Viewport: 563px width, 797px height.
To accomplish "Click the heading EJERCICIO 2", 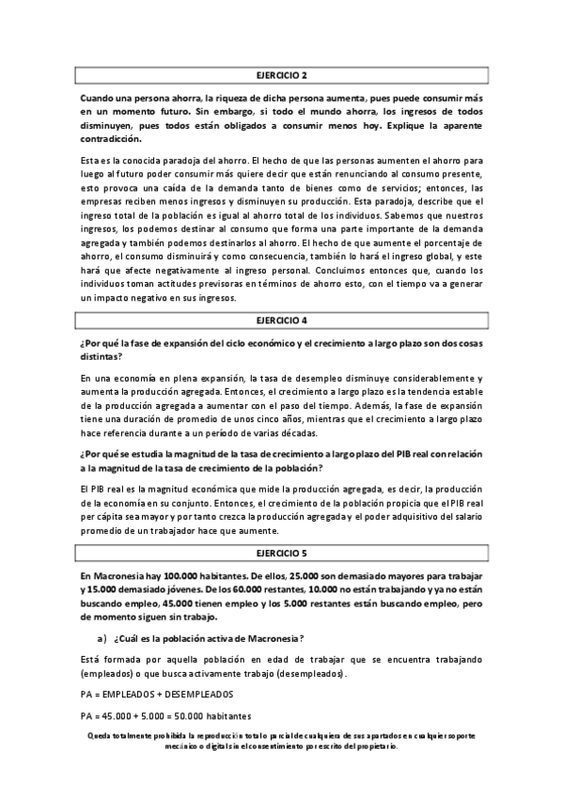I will point(281,74).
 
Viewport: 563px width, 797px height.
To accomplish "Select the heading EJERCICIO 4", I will point(281,320).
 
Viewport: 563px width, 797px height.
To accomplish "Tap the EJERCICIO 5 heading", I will point(281,555).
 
